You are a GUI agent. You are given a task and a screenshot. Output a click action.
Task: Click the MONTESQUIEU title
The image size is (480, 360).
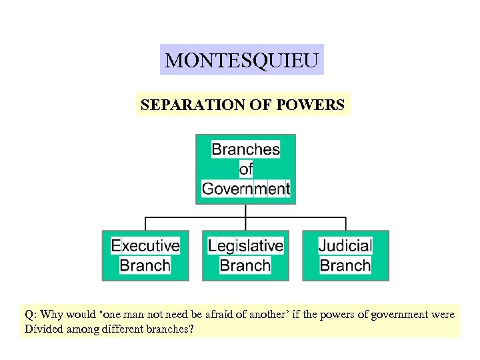[241, 61]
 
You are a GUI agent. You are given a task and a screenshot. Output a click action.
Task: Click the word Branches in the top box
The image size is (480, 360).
[245, 149]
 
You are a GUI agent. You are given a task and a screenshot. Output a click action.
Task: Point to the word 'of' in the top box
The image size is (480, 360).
[246, 169]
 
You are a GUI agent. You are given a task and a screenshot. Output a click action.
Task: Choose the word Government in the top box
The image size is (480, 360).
[245, 189]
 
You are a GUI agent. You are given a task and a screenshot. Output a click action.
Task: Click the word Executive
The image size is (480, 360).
[145, 245]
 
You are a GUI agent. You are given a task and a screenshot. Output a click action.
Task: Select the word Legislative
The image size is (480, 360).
[245, 245]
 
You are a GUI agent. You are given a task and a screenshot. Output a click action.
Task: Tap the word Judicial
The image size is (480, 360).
[345, 245]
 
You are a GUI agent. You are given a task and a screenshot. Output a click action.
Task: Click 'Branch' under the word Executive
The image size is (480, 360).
[145, 265]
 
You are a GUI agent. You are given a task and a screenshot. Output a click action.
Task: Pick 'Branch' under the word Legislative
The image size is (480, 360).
[245, 265]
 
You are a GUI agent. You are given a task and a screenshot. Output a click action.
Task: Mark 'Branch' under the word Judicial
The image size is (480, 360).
[345, 265]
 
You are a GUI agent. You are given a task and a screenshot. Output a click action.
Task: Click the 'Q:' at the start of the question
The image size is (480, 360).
[31, 314]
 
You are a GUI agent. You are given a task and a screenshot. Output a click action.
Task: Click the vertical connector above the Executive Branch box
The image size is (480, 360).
[145, 224]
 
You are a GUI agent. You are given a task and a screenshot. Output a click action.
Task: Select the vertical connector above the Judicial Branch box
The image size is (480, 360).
[345, 224]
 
